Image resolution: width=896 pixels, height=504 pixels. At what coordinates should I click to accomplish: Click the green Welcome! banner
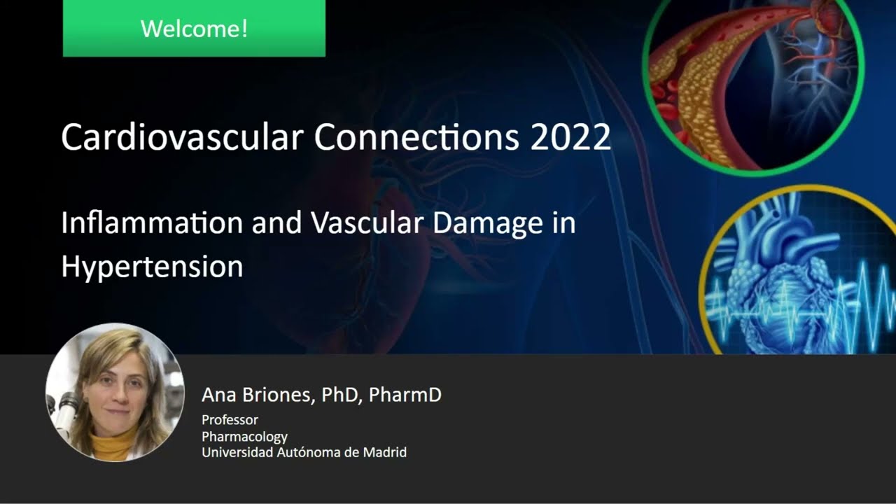[194, 29]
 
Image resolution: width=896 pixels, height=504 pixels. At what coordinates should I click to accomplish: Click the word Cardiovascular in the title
[183, 137]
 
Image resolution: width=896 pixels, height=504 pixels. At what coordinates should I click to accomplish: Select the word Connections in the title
[416, 137]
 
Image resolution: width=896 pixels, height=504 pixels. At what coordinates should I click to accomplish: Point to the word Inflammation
[152, 223]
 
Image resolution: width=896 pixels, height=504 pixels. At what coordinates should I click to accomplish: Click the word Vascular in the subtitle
[367, 223]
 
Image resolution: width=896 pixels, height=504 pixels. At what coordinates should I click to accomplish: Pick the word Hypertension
[152, 267]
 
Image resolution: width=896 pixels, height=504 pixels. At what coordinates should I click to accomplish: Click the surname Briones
[276, 395]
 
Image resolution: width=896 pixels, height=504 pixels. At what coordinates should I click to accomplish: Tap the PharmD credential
[405, 395]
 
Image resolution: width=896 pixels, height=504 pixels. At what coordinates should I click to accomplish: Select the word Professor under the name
[230, 419]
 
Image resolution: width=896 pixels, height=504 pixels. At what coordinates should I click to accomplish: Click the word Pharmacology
[244, 436]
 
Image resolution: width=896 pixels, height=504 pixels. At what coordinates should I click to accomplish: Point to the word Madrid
[384, 452]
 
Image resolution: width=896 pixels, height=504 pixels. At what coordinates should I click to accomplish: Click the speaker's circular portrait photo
[115, 392]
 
